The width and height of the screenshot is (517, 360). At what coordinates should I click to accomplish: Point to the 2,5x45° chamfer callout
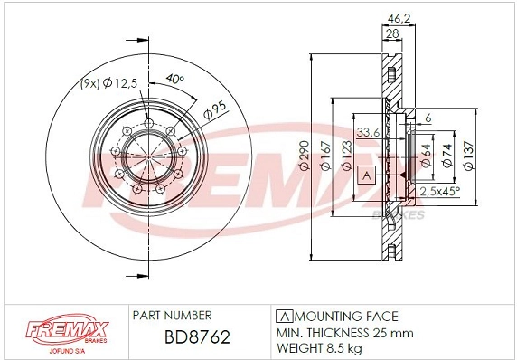coord(440,191)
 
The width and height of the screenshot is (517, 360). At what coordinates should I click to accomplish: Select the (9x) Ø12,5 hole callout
coord(110,83)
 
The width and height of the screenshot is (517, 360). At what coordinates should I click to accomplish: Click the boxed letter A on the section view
coord(366,174)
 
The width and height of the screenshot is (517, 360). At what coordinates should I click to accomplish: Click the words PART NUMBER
coord(172,316)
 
